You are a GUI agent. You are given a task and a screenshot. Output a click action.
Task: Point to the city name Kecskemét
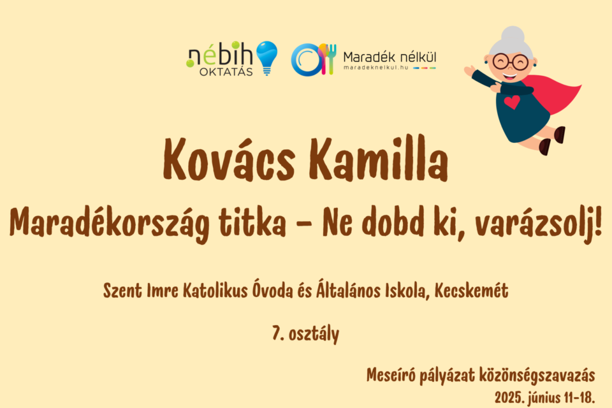click(x=472, y=291)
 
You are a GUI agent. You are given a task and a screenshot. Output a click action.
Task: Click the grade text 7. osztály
click(x=305, y=333)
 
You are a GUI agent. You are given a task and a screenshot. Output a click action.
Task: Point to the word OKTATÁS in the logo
click(x=226, y=71)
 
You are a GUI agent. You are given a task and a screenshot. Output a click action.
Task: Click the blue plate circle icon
click(x=304, y=59)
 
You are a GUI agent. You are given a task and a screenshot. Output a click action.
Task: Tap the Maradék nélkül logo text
click(x=390, y=55)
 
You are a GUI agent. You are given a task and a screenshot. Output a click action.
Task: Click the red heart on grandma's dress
click(x=511, y=102)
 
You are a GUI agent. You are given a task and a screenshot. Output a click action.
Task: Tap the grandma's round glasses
click(x=510, y=62)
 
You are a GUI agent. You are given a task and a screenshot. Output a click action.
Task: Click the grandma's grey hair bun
click(x=513, y=33)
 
